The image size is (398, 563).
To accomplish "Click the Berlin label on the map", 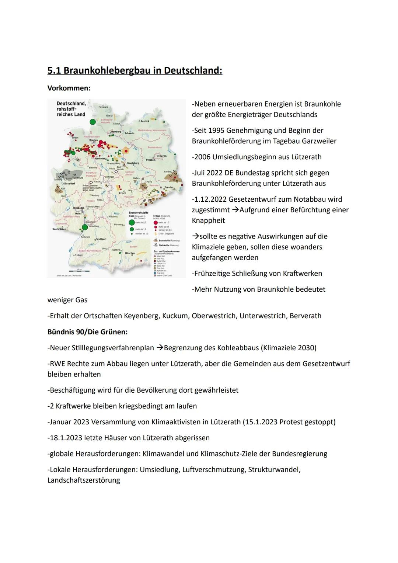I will point(163,156).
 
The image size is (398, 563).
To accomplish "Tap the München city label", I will point(130,253).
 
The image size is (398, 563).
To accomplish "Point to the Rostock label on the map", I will point(144,121).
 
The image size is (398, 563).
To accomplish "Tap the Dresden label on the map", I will point(169,187).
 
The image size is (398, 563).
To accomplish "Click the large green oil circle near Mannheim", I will point(85,227).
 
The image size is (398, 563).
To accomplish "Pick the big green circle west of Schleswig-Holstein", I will point(92,121).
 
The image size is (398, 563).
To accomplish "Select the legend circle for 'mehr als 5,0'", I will point(132,223).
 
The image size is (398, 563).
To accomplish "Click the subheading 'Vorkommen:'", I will point(69,88).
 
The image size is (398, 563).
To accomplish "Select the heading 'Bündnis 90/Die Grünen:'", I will point(87,332).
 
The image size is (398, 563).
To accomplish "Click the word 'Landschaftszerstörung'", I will point(84,480).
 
